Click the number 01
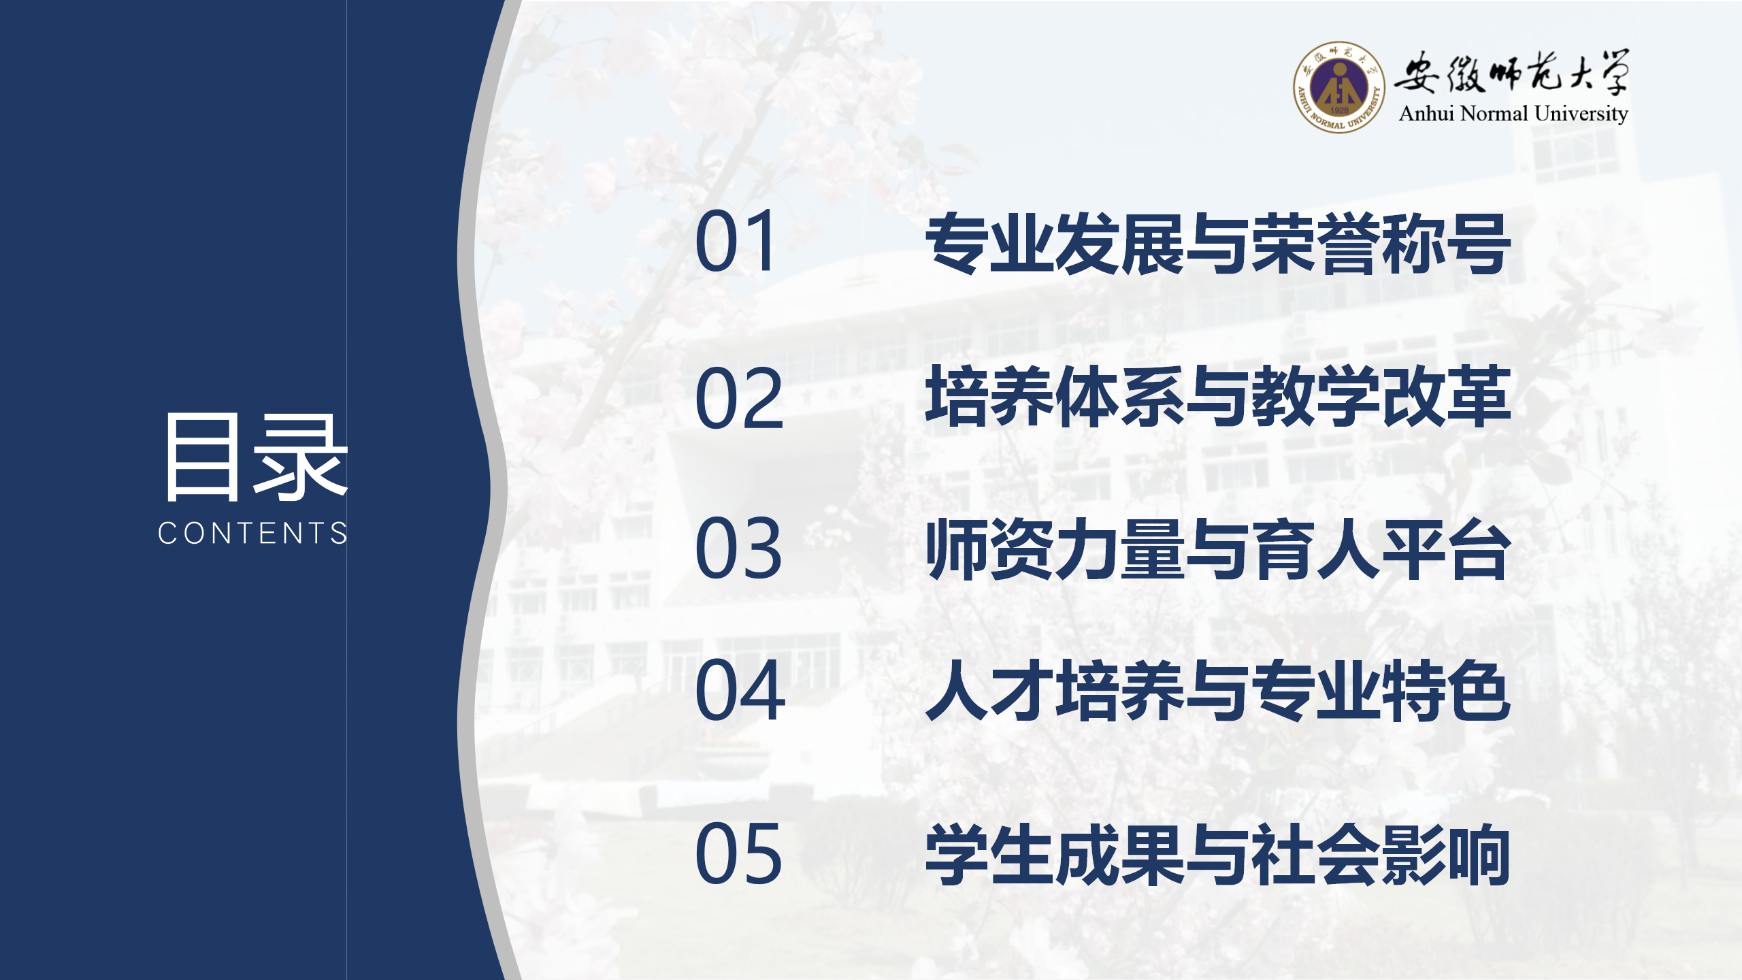(x=735, y=241)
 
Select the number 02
(x=739, y=397)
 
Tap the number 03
(x=739, y=548)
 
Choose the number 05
(x=739, y=853)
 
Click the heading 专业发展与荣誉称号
(x=1218, y=243)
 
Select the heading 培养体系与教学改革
(x=1218, y=396)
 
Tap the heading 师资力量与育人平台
(x=1218, y=549)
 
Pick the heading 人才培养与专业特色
(x=1218, y=690)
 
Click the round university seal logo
(x=1338, y=87)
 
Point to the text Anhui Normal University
(x=1513, y=114)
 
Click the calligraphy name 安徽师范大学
(x=1511, y=71)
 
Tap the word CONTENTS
(x=253, y=533)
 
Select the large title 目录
(x=256, y=457)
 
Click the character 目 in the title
(x=202, y=457)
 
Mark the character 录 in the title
(x=300, y=457)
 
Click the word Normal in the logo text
(x=1494, y=113)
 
